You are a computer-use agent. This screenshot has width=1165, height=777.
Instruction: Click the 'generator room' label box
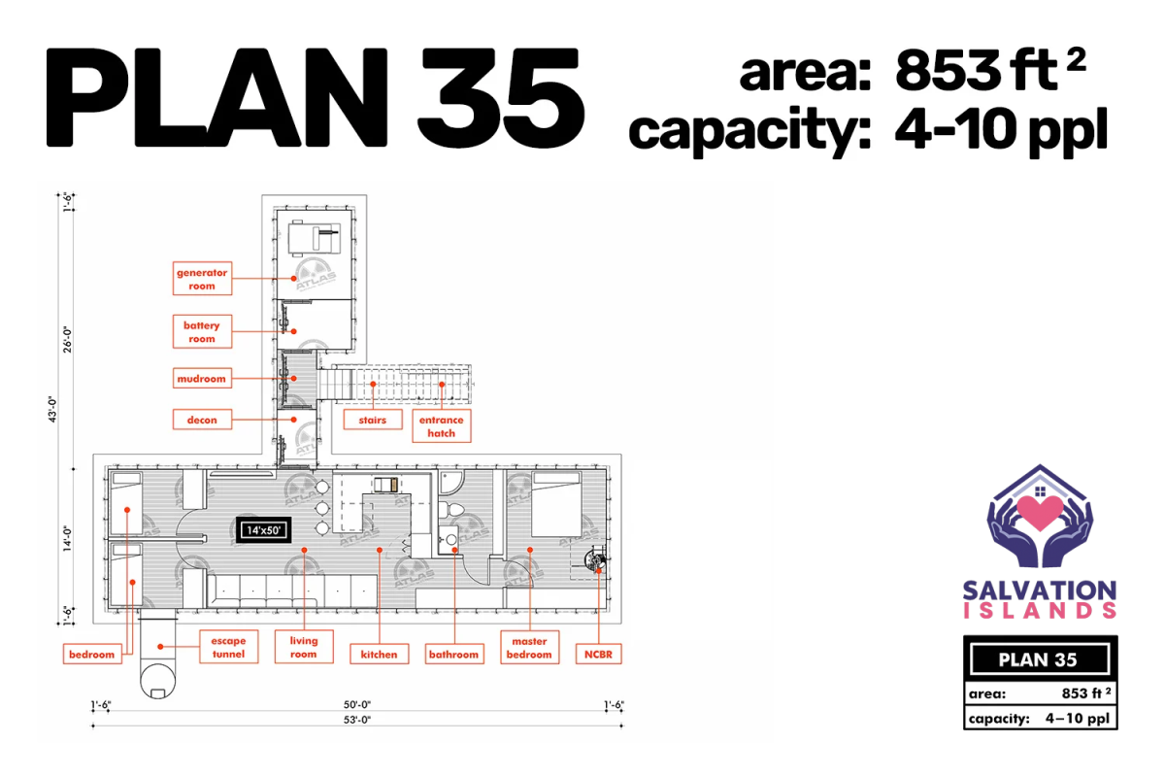tap(202, 279)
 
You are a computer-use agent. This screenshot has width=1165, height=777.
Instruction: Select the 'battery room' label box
tap(202, 331)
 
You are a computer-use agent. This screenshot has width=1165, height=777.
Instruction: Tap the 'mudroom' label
tap(202, 379)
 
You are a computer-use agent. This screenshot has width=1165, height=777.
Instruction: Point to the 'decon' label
tap(202, 420)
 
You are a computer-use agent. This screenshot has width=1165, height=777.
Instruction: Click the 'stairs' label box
tap(373, 420)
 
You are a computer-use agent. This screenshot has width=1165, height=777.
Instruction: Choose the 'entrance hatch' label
tap(442, 426)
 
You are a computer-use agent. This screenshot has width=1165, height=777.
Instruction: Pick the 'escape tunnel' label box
tap(229, 647)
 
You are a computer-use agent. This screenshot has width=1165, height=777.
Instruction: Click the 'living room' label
tap(304, 647)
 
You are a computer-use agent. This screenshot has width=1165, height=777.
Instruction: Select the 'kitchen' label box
tap(380, 655)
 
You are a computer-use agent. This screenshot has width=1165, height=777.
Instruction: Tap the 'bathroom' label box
tap(454, 655)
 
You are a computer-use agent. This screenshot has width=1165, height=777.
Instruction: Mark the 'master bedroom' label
tap(529, 648)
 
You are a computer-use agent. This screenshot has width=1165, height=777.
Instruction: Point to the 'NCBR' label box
tap(599, 655)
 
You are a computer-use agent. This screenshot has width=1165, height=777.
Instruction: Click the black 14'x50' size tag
tap(264, 530)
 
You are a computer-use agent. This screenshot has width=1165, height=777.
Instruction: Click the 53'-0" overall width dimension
tap(357, 721)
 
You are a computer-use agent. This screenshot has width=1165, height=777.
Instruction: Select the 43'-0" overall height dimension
tap(52, 409)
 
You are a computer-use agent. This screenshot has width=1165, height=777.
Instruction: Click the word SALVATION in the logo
tap(1040, 591)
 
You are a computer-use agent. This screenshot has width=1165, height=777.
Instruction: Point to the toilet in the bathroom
tap(454, 510)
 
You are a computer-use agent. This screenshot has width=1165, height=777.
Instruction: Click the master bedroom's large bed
tap(556, 504)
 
